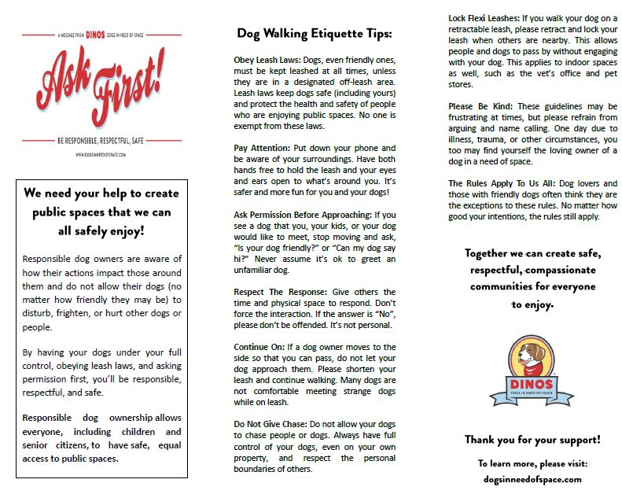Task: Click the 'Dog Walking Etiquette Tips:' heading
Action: point(314,34)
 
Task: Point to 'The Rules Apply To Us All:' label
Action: point(498,183)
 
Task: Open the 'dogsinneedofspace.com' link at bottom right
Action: point(532,477)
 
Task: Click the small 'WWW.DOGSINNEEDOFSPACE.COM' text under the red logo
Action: point(102,154)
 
